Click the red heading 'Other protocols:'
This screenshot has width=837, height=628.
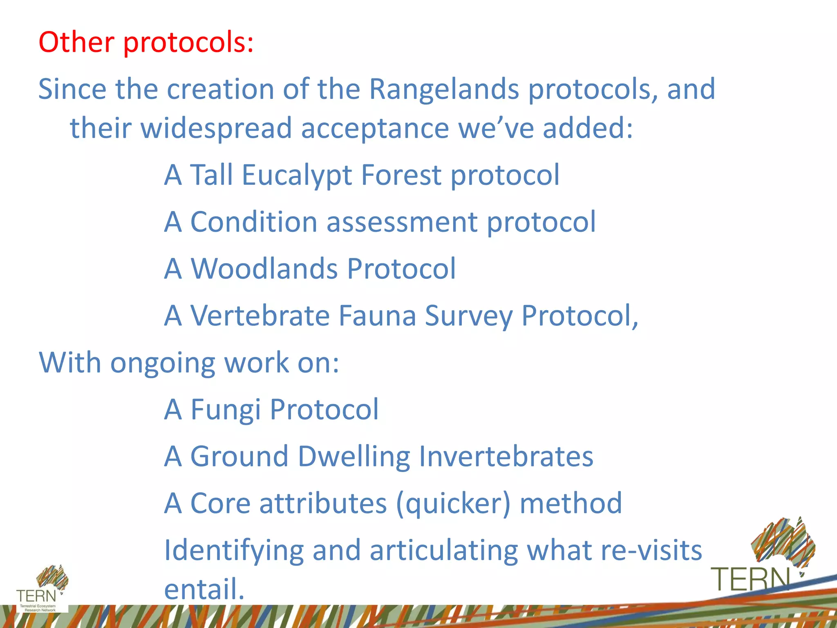(146, 42)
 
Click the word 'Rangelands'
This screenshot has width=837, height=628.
(444, 89)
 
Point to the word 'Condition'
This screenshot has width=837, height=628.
(254, 222)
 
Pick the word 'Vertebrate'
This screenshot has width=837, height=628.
(260, 316)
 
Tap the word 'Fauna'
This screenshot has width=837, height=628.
(378, 316)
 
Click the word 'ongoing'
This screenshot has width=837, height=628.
(163, 363)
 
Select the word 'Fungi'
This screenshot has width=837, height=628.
(226, 410)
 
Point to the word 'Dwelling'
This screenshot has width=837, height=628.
(354, 456)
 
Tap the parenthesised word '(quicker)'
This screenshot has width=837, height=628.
(453, 504)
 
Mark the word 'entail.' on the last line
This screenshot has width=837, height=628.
(204, 589)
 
